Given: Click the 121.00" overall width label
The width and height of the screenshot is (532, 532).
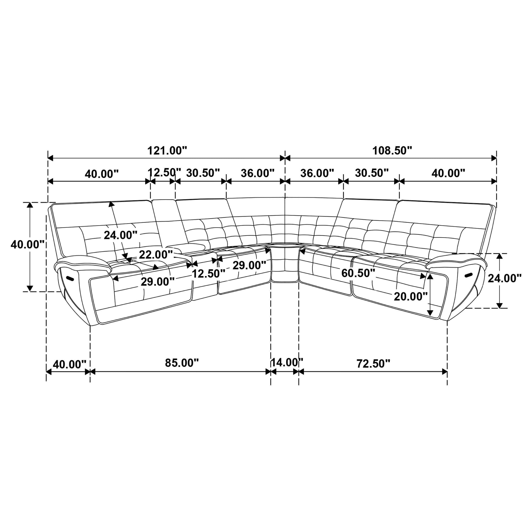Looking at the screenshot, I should (167, 151).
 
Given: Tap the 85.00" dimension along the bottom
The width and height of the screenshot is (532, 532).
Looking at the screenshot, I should (182, 363).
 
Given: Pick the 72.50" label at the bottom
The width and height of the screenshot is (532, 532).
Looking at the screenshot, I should (373, 363).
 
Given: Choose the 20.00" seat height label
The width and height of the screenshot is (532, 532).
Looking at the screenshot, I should (410, 296).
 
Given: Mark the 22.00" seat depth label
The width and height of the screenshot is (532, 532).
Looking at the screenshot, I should (156, 255).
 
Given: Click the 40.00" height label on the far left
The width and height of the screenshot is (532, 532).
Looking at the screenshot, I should (27, 244).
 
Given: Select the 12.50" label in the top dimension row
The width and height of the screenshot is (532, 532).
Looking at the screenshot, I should (164, 172).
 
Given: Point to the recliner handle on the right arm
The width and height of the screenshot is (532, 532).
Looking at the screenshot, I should (468, 275).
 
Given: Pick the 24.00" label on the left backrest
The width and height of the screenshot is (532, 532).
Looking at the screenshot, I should (120, 235).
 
